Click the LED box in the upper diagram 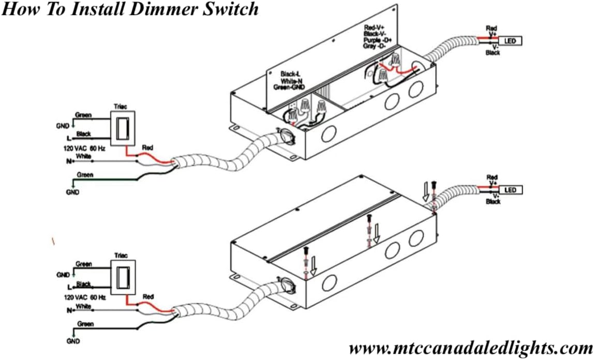pos(510,40)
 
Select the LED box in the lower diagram pos(510,190)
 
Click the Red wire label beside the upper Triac pos(147,147)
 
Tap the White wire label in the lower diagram pos(83,306)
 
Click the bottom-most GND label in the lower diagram pos(72,341)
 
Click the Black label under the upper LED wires pos(493,53)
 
